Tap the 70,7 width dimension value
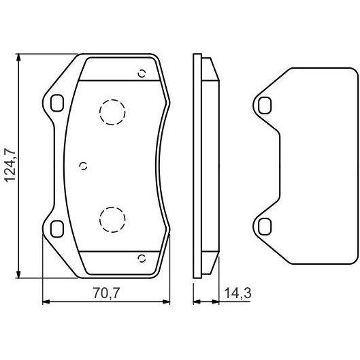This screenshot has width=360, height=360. [x=106, y=293]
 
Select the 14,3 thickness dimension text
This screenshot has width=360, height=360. [x=238, y=293]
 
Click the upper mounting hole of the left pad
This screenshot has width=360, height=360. [x=56, y=103]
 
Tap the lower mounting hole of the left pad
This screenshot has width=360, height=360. [x=56, y=229]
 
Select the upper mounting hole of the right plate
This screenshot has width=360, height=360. [x=264, y=105]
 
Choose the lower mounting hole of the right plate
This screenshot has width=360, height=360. [x=264, y=227]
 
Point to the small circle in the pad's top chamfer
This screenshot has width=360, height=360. [x=142, y=73]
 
